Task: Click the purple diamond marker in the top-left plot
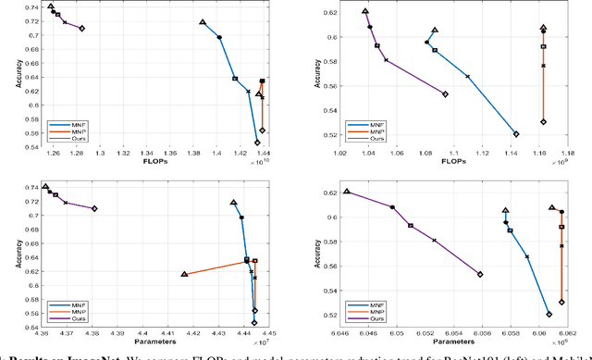pyautogui.click(x=82, y=29)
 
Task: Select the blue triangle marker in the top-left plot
pyautogui.click(x=203, y=22)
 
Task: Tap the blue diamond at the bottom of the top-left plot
pyautogui.click(x=258, y=143)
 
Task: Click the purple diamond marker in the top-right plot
pyautogui.click(x=445, y=94)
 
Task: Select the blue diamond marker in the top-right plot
pyautogui.click(x=516, y=134)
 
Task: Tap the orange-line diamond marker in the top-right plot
pyautogui.click(x=544, y=121)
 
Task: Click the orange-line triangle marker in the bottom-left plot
pyautogui.click(x=185, y=274)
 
